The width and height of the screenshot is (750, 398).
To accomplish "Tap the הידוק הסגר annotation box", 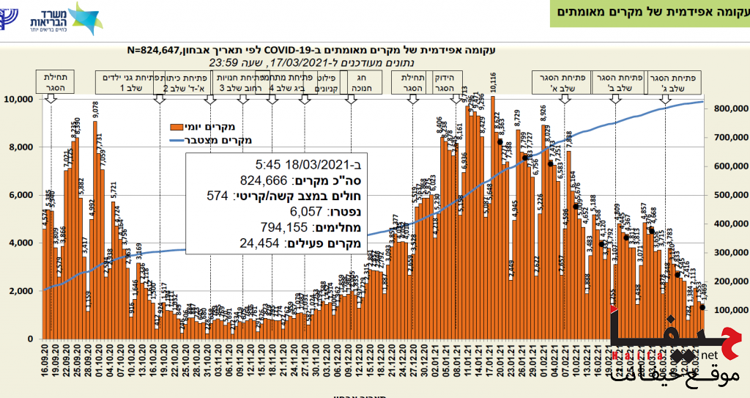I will (445, 81).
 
